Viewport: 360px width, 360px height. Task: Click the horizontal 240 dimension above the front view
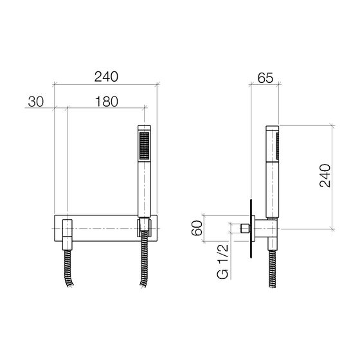coord(106,77)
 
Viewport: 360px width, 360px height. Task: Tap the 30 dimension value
coord(36,102)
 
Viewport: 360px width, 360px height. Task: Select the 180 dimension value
coord(107,102)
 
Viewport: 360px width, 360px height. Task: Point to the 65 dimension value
coord(265,78)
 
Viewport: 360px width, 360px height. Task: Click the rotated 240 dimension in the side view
coord(325,175)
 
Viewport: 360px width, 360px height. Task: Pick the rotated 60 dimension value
coord(197,228)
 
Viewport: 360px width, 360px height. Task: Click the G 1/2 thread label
coord(222,262)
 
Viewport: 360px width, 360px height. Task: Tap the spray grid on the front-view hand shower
coord(145,145)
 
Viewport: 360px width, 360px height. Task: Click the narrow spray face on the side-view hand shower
coord(277,146)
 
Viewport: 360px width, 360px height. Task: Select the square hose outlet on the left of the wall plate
coord(67,235)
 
